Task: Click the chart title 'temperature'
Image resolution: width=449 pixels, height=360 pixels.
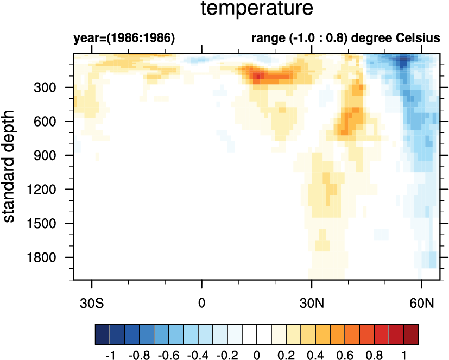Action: click(x=257, y=9)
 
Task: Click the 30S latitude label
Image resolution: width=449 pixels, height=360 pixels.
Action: click(x=92, y=301)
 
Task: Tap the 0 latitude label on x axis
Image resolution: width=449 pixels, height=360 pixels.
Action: click(x=202, y=301)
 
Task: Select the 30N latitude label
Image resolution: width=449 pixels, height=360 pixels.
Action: click(x=312, y=301)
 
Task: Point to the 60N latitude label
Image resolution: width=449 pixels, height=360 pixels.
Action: click(x=422, y=301)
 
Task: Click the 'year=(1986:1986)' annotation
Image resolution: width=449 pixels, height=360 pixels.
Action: click(x=124, y=39)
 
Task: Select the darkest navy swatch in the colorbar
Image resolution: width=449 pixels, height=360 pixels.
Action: click(x=102, y=332)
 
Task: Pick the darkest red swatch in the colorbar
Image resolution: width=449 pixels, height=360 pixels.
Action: click(x=411, y=332)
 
